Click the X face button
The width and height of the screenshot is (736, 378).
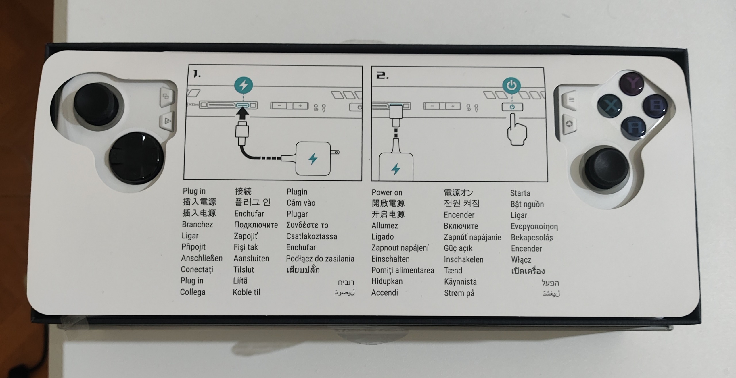(x=609, y=106)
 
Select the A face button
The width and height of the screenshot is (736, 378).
(x=634, y=128)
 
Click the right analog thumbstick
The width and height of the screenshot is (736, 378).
(x=607, y=169)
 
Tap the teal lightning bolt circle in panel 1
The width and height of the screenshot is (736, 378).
(x=244, y=85)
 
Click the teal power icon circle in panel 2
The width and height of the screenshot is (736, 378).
(x=511, y=85)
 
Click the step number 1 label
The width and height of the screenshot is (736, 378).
(x=196, y=74)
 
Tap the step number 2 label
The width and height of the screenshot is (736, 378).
(x=382, y=76)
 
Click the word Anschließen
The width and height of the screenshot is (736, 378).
(x=202, y=258)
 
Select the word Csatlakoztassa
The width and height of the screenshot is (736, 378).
(x=311, y=236)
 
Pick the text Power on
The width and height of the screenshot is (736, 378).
(x=387, y=192)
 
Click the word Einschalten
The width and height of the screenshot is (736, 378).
(x=390, y=259)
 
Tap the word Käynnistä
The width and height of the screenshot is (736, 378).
(x=460, y=282)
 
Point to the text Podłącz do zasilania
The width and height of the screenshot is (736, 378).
(x=320, y=259)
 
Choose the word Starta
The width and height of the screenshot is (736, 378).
(x=520, y=193)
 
